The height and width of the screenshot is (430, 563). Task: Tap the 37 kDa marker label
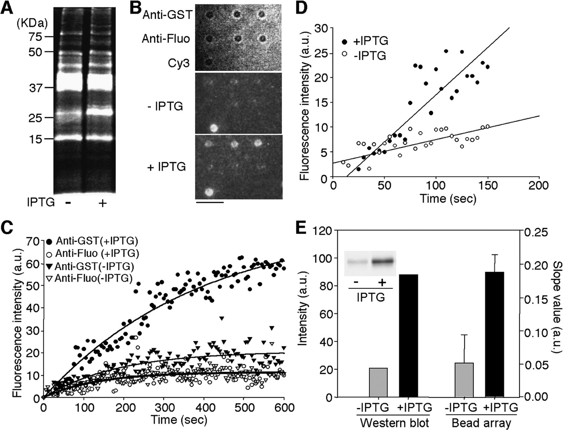pyautogui.click(x=33, y=88)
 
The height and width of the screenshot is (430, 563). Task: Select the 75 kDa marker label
pyautogui.click(x=33, y=37)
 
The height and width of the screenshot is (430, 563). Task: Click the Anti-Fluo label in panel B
pyautogui.click(x=166, y=39)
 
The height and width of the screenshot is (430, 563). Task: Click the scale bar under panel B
pyautogui.click(x=209, y=203)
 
